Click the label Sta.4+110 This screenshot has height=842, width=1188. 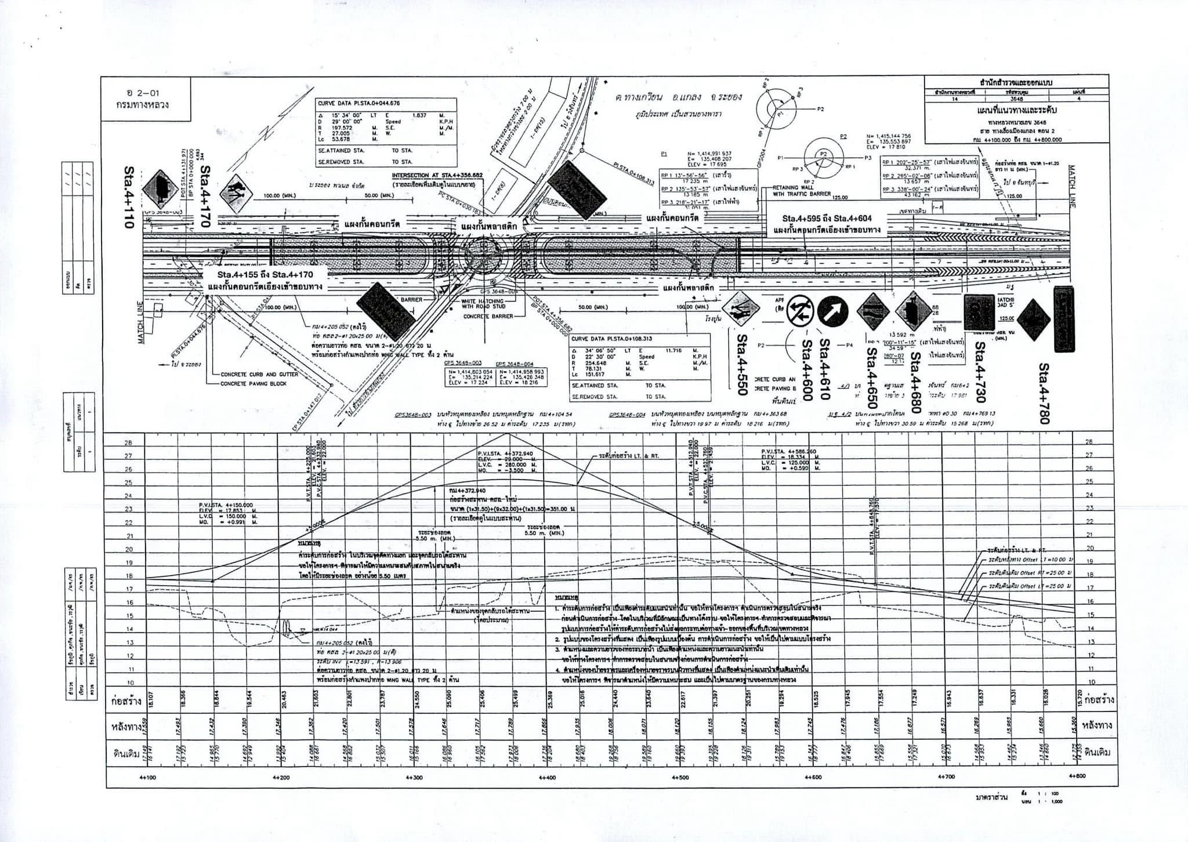pyautogui.click(x=129, y=198)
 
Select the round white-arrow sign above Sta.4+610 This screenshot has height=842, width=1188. pyautogui.click(x=832, y=311)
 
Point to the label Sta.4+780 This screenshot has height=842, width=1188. pyautogui.click(x=1044, y=394)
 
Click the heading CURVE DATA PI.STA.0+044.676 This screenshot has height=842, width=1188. pyautogui.click(x=360, y=103)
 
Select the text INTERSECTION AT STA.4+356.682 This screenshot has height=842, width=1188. pyautogui.click(x=437, y=175)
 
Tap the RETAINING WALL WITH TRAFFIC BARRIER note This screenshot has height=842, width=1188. pyautogui.click(x=802, y=191)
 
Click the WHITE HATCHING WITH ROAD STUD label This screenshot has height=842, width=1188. pyautogui.click(x=484, y=304)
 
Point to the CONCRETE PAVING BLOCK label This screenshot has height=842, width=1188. pyautogui.click(x=253, y=384)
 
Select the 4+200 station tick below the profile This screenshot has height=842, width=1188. pyautogui.click(x=281, y=778)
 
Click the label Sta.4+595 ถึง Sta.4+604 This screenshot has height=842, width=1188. pyautogui.click(x=827, y=219)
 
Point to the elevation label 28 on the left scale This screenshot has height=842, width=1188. pyautogui.click(x=128, y=442)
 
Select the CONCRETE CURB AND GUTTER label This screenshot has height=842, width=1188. pyautogui.click(x=259, y=375)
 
